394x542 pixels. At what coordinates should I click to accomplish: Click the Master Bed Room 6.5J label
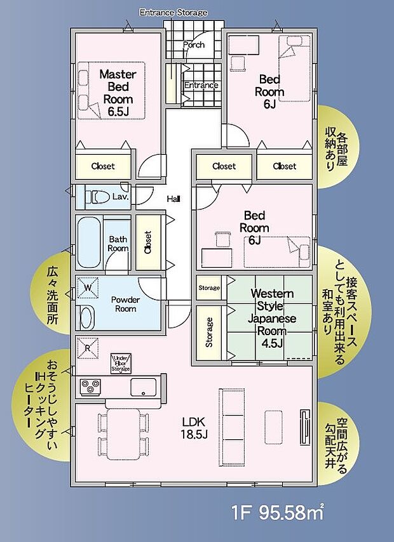coord(116,93)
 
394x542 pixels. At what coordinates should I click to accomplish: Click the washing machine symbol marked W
coord(87,289)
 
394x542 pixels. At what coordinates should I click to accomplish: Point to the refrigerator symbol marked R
coord(87,347)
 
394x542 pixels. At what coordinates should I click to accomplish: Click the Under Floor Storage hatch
coord(120,363)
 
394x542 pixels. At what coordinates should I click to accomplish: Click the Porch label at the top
coord(194,45)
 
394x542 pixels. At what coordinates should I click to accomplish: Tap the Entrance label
coord(201,85)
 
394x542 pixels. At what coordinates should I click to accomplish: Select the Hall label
coord(173,199)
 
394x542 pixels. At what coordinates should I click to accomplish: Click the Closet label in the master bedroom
coord(103,166)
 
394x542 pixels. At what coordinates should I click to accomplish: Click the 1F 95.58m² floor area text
coord(278,512)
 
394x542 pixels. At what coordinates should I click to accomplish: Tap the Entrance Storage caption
coord(173,12)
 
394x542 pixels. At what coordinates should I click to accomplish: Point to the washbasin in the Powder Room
coord(86,316)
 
